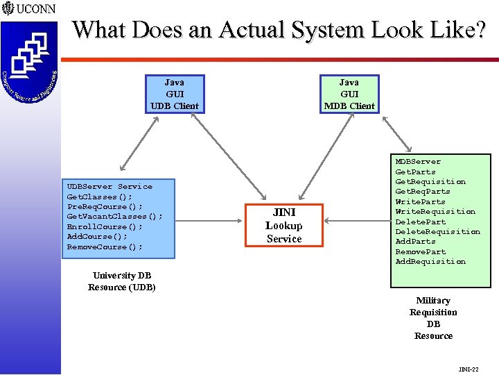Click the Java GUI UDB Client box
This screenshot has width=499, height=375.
(x=174, y=94)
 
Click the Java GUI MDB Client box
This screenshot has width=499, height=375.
(x=349, y=94)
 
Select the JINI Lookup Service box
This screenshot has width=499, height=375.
(x=284, y=226)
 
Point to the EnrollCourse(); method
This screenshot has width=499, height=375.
(x=105, y=226)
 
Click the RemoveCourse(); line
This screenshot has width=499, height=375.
(x=105, y=247)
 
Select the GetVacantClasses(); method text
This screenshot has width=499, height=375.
(x=114, y=217)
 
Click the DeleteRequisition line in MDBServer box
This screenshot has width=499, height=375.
(x=437, y=231)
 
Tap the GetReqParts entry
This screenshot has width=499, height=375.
(x=422, y=192)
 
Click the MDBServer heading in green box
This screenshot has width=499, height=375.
(x=417, y=162)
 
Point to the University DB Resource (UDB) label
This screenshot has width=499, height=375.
(x=122, y=281)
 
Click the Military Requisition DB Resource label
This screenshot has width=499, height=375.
(x=433, y=318)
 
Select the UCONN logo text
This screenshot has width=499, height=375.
(x=33, y=10)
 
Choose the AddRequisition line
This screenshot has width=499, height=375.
(x=430, y=262)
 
